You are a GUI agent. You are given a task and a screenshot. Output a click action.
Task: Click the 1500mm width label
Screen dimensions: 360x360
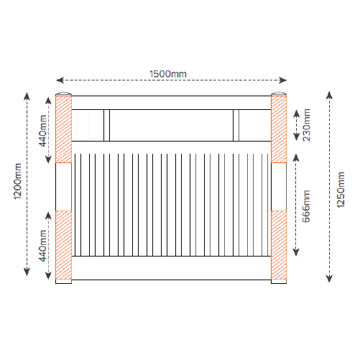point(168,74)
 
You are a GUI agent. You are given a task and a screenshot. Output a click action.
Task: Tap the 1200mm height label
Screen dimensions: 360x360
point(17,181)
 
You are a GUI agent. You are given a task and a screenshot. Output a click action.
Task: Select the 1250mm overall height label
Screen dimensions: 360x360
point(341,190)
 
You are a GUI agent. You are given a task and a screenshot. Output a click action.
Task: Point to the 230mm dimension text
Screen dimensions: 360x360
point(307,125)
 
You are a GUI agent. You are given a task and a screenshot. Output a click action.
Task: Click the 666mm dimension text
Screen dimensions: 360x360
point(306,206)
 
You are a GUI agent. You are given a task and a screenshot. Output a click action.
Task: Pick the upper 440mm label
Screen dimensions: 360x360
point(42,131)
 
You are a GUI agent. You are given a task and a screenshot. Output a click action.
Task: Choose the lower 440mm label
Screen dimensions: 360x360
point(42,246)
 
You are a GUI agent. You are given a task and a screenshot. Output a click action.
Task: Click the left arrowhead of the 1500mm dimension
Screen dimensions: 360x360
point(60,80)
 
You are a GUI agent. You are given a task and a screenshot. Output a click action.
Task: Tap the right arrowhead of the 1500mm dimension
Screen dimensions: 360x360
point(282,80)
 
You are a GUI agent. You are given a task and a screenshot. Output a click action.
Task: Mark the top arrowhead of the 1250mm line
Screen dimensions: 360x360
point(330,95)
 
